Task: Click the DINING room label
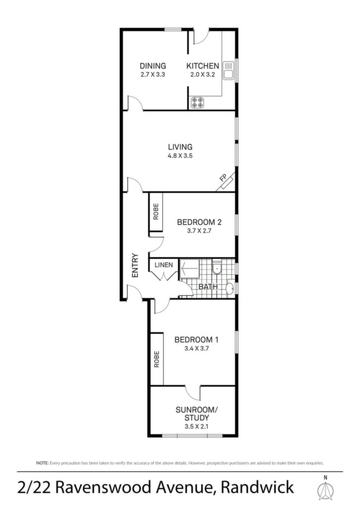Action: [x=153, y=66]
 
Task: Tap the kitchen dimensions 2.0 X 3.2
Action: [x=202, y=75]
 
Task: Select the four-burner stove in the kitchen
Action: [x=198, y=102]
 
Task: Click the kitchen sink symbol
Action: [x=229, y=70]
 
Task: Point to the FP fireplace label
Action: [x=223, y=178]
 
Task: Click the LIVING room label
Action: [x=180, y=147]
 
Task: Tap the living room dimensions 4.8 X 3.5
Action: [x=180, y=156]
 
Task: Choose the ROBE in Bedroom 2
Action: [x=156, y=212]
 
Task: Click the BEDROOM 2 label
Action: [x=199, y=222]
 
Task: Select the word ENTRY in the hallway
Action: [x=135, y=265]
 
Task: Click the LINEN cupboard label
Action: [x=164, y=265]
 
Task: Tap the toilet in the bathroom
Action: [x=216, y=267]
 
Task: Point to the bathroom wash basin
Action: [x=230, y=288]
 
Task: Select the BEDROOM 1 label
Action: [x=196, y=340]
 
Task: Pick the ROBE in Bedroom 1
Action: [x=157, y=359]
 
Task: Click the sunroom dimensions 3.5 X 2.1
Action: [x=196, y=426]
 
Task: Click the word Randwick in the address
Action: [x=258, y=487]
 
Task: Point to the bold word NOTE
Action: [x=42, y=463]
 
